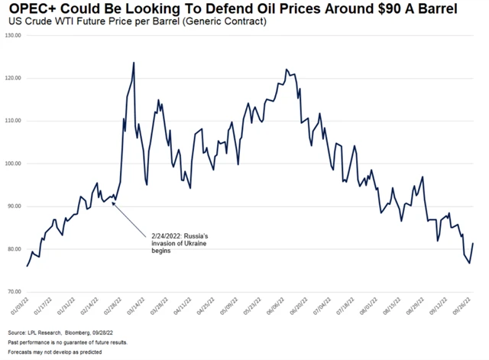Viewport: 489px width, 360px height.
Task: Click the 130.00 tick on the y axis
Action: [x=13, y=35]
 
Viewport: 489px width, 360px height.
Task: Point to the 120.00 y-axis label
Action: [x=13, y=78]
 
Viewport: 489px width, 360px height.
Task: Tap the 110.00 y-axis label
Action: [x=13, y=121]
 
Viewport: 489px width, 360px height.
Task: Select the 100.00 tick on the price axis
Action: [x=13, y=164]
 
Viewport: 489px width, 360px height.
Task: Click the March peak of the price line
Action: [x=134, y=63]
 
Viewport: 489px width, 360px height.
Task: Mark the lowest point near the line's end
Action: [x=469, y=264]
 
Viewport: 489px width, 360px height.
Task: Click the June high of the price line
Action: [x=286, y=69]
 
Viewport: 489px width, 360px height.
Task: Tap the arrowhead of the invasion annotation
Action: [x=112, y=203]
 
